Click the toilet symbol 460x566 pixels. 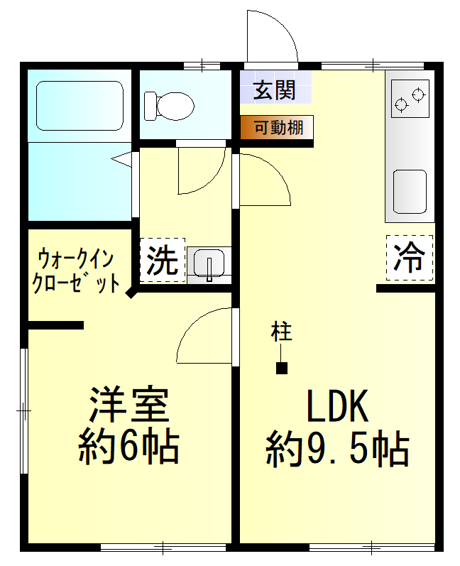point(169,106)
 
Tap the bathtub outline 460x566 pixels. point(80,82)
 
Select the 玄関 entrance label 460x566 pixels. point(275,89)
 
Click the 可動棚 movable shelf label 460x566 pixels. point(278,127)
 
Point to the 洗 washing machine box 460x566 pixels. point(162,260)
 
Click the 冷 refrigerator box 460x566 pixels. point(410,257)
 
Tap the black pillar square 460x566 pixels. point(281,368)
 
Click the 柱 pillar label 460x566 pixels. point(281,332)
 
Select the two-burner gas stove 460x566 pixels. point(410,99)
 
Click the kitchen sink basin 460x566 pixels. point(410,191)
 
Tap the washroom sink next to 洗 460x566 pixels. point(209,265)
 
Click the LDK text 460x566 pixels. point(337,406)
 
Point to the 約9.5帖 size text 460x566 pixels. point(338,449)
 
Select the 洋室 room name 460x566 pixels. point(129,405)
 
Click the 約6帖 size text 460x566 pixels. point(128,447)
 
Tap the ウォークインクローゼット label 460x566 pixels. point(76,271)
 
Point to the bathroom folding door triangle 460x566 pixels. point(122,159)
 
